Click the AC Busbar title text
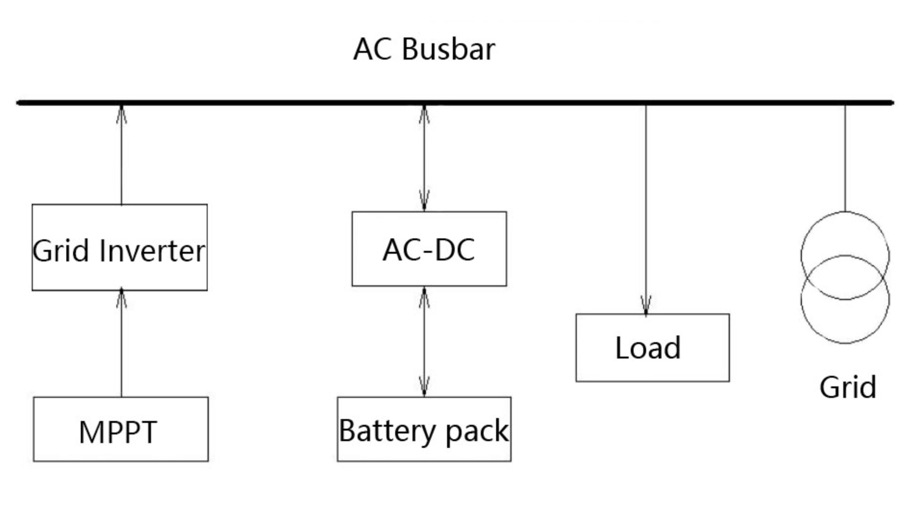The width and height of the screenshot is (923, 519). (x=424, y=49)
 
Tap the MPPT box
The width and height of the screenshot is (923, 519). (x=120, y=429)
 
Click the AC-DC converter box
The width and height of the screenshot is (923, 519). (x=429, y=249)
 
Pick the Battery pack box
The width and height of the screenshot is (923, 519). (x=424, y=429)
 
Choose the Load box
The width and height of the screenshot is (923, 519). (x=652, y=347)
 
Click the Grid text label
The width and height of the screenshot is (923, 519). (x=848, y=387)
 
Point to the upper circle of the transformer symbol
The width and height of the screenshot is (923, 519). (x=845, y=235)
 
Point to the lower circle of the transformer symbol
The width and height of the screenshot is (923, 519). (x=845, y=322)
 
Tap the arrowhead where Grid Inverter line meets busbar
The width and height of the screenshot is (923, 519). (x=122, y=114)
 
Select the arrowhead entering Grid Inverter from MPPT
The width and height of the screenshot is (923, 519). (x=122, y=297)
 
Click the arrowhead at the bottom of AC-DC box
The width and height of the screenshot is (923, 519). (x=424, y=297)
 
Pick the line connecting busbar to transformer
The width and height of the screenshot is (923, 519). (x=845, y=159)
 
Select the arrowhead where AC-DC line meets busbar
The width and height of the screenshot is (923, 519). (x=424, y=114)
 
